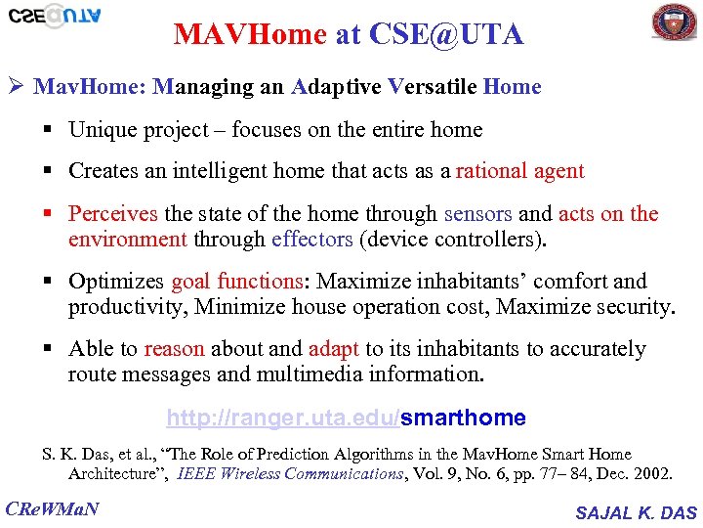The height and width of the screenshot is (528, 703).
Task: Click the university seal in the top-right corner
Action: tap(674, 22)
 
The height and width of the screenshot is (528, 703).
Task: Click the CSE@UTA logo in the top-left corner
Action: tap(55, 17)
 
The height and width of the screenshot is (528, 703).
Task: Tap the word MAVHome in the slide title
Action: tap(250, 35)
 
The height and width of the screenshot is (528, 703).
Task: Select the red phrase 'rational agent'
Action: tap(519, 171)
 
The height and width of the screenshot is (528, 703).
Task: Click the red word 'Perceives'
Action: tap(113, 214)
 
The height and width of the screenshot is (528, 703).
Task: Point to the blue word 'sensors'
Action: tap(477, 214)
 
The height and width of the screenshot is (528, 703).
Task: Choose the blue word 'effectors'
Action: tap(312, 239)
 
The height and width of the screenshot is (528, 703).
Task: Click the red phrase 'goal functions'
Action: tap(236, 282)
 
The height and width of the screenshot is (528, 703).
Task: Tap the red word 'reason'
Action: tap(174, 349)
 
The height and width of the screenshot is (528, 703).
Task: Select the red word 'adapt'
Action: tap(334, 349)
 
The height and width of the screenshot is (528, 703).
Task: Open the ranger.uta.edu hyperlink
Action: tap(282, 418)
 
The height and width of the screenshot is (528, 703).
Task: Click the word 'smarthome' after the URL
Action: tap(463, 418)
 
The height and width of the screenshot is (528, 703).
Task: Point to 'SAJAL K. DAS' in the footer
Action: tap(637, 512)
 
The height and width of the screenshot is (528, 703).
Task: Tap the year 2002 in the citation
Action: tap(650, 474)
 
